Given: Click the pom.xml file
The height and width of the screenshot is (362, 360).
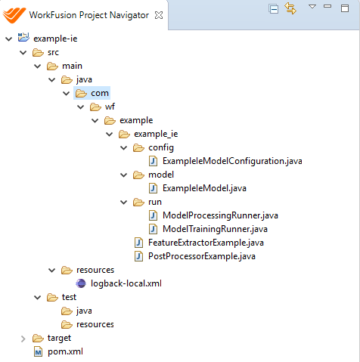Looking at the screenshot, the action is [x=65, y=351].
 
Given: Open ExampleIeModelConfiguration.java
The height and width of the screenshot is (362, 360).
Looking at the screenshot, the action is [x=232, y=161].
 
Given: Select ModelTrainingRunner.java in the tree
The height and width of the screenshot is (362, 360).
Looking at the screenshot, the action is [x=215, y=229].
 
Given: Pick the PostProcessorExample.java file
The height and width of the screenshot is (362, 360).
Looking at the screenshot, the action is [x=202, y=256].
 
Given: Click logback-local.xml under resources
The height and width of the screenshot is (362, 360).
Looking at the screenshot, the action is [x=126, y=283].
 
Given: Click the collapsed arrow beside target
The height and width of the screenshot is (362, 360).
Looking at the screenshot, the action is [x=23, y=339].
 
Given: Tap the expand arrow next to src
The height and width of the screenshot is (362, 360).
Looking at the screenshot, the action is [x=23, y=52].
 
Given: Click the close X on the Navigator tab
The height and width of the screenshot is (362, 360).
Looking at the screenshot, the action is [x=159, y=15].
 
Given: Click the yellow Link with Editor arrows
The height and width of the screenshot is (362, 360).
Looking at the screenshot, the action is [x=290, y=8].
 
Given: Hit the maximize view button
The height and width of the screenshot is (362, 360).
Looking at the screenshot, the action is [x=345, y=8].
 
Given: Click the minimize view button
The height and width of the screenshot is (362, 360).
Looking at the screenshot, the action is [x=327, y=6].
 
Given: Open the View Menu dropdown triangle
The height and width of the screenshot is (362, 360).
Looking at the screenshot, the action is [x=312, y=6].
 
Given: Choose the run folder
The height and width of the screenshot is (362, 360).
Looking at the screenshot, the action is [x=147, y=202].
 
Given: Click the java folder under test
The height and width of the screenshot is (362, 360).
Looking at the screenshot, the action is [x=76, y=311].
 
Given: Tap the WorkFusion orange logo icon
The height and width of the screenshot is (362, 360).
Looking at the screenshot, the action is [x=14, y=15].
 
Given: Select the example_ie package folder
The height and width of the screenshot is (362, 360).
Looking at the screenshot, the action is [x=148, y=134].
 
